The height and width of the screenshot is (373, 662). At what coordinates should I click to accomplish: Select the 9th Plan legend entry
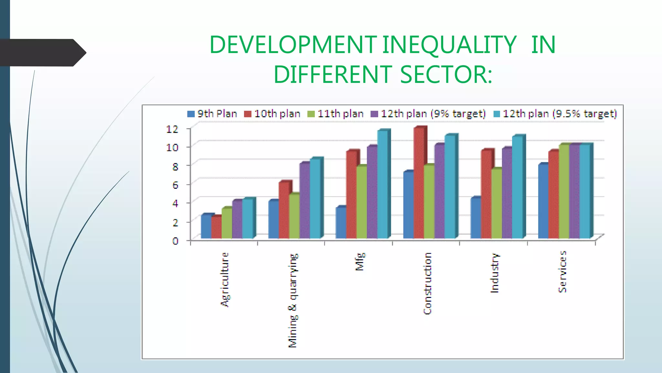pyautogui.click(x=212, y=114)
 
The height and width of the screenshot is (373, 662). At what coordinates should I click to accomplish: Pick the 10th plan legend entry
pyautogui.click(x=272, y=114)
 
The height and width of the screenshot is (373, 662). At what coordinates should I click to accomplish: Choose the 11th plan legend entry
pyautogui.click(x=336, y=114)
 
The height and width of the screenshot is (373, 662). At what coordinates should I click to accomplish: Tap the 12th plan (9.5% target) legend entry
pyautogui.click(x=555, y=114)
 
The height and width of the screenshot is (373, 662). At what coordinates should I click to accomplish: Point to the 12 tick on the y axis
pyautogui.click(x=172, y=129)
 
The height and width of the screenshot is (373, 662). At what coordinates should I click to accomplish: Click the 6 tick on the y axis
pyautogui.click(x=175, y=185)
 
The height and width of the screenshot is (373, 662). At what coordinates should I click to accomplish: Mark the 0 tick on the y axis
pyautogui.click(x=175, y=241)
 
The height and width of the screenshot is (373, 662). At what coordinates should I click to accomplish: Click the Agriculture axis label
pyautogui.click(x=225, y=279)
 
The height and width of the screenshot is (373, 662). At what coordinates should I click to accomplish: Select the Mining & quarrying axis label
pyautogui.click(x=293, y=300)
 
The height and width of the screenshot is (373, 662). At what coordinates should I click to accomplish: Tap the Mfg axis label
pyautogui.click(x=360, y=261)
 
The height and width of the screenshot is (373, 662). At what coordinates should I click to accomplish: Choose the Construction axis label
pyautogui.click(x=427, y=283)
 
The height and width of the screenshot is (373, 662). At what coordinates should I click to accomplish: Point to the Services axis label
pyautogui.click(x=562, y=272)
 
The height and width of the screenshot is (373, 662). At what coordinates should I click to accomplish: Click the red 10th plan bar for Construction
pyautogui.click(x=419, y=183)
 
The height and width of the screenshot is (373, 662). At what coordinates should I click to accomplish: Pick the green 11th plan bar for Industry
pyautogui.click(x=496, y=204)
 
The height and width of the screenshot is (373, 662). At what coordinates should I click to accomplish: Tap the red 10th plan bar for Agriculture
pyautogui.click(x=217, y=228)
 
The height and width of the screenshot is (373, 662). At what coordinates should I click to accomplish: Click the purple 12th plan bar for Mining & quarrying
pyautogui.click(x=304, y=201)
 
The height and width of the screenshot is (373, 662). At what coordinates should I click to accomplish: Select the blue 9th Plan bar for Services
pyautogui.click(x=543, y=201)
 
